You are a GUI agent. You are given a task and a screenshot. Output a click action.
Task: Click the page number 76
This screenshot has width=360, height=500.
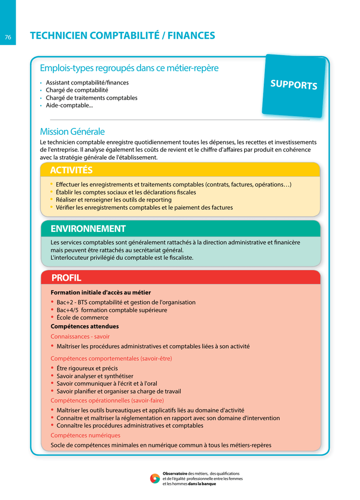pyautogui.click(x=8, y=37)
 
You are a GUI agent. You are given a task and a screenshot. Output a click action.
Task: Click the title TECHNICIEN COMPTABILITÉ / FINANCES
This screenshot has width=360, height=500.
pyautogui.click(x=122, y=36)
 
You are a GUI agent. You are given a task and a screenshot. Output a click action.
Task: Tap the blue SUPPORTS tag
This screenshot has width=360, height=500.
pyautogui.click(x=294, y=84)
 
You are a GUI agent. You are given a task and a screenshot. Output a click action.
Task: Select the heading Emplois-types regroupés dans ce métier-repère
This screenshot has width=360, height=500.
pyautogui.click(x=129, y=68)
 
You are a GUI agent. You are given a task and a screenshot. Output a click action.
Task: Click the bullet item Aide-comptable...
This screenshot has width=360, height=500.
pyautogui.click(x=69, y=105)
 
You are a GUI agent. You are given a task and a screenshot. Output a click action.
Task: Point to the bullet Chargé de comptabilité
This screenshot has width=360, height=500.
pyautogui.click(x=77, y=90)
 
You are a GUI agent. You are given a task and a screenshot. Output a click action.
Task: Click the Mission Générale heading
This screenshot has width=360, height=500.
pyautogui.click(x=72, y=131)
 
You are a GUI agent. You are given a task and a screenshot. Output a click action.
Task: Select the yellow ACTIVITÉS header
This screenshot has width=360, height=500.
pyautogui.click(x=71, y=170)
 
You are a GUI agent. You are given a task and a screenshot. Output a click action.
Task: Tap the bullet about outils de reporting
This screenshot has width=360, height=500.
pyautogui.click(x=113, y=200)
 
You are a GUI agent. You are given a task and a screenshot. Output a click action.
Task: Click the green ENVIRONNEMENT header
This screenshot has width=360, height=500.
pyautogui.click(x=88, y=229)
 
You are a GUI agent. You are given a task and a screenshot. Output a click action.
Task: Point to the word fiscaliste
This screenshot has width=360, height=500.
pyautogui.click(x=178, y=258)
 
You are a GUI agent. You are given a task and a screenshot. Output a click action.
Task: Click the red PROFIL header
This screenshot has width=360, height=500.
pyautogui.click(x=66, y=278)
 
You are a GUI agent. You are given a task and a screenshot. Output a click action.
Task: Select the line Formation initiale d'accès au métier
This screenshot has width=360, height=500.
pyautogui.click(x=101, y=292)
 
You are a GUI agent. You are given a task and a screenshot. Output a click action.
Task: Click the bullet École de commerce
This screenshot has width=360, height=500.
pyautogui.click(x=82, y=318)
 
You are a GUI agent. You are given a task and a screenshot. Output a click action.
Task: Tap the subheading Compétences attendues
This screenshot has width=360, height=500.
pyautogui.click(x=85, y=326)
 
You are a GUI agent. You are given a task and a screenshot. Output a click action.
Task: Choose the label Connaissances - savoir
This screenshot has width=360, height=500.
pyautogui.click(x=80, y=336)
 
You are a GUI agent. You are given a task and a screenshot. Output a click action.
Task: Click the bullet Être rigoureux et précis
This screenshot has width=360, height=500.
pyautogui.click(x=87, y=368)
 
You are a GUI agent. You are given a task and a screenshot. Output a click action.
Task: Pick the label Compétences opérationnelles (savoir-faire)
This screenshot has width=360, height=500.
pyautogui.click(x=107, y=400)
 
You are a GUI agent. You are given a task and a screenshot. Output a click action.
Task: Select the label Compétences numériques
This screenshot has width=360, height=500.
pyautogui.click(x=85, y=435)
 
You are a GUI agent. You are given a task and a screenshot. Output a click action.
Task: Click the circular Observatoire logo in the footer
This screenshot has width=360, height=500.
pyautogui.click(x=155, y=479)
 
